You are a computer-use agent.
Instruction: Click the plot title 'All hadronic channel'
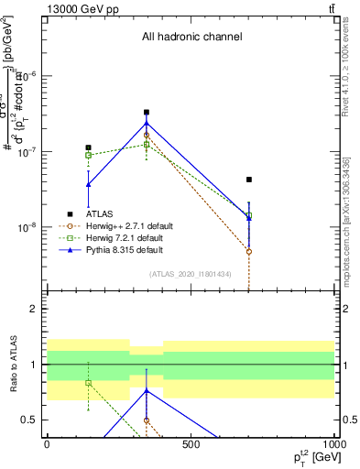[x=191, y=38]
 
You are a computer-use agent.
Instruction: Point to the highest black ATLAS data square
[x=147, y=113]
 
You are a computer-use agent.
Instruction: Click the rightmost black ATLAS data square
[x=249, y=180]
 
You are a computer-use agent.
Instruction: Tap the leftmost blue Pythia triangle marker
[x=88, y=185]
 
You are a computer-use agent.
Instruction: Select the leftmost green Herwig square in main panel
[x=88, y=155]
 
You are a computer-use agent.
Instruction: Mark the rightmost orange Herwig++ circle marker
[x=249, y=251]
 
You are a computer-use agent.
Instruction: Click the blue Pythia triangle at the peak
[x=147, y=123]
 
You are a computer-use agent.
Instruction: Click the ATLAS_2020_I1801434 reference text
[x=191, y=274]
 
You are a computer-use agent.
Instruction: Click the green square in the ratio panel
[x=88, y=382]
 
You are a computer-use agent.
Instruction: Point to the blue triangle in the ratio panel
[x=147, y=390]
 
